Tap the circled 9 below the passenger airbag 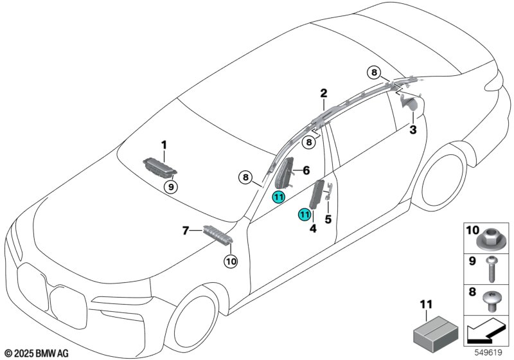pos(170,187)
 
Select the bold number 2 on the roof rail pos(324,94)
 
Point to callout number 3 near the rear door pos(414,130)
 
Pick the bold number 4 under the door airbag pos(313,228)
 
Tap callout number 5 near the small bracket pos(328,219)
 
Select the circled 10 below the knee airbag pos(231,260)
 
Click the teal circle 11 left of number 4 pos(303,214)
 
